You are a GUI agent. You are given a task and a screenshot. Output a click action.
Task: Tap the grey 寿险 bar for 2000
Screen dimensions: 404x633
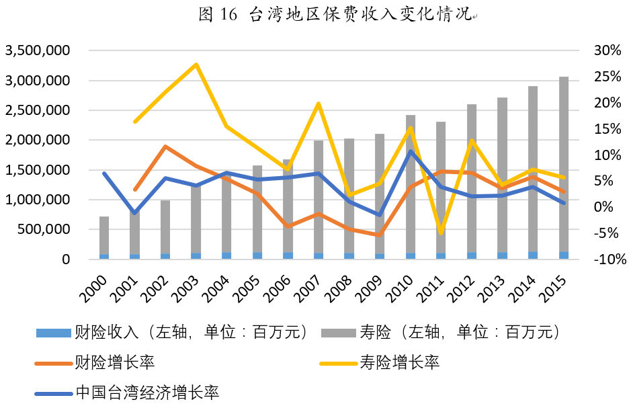coord(104,235)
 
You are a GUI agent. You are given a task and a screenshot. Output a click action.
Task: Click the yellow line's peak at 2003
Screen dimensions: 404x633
coord(196,65)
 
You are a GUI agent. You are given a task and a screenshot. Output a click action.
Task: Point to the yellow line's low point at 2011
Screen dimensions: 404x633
coord(441,233)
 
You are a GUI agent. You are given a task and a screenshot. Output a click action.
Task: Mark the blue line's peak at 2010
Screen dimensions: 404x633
coord(411,151)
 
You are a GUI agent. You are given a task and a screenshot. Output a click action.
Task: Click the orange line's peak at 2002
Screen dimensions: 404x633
coord(165,147)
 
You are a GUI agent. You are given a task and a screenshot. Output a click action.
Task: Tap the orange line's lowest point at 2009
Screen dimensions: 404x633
coord(380,235)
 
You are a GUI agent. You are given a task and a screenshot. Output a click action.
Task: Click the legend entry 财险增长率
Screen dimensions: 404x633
coord(115,363)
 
